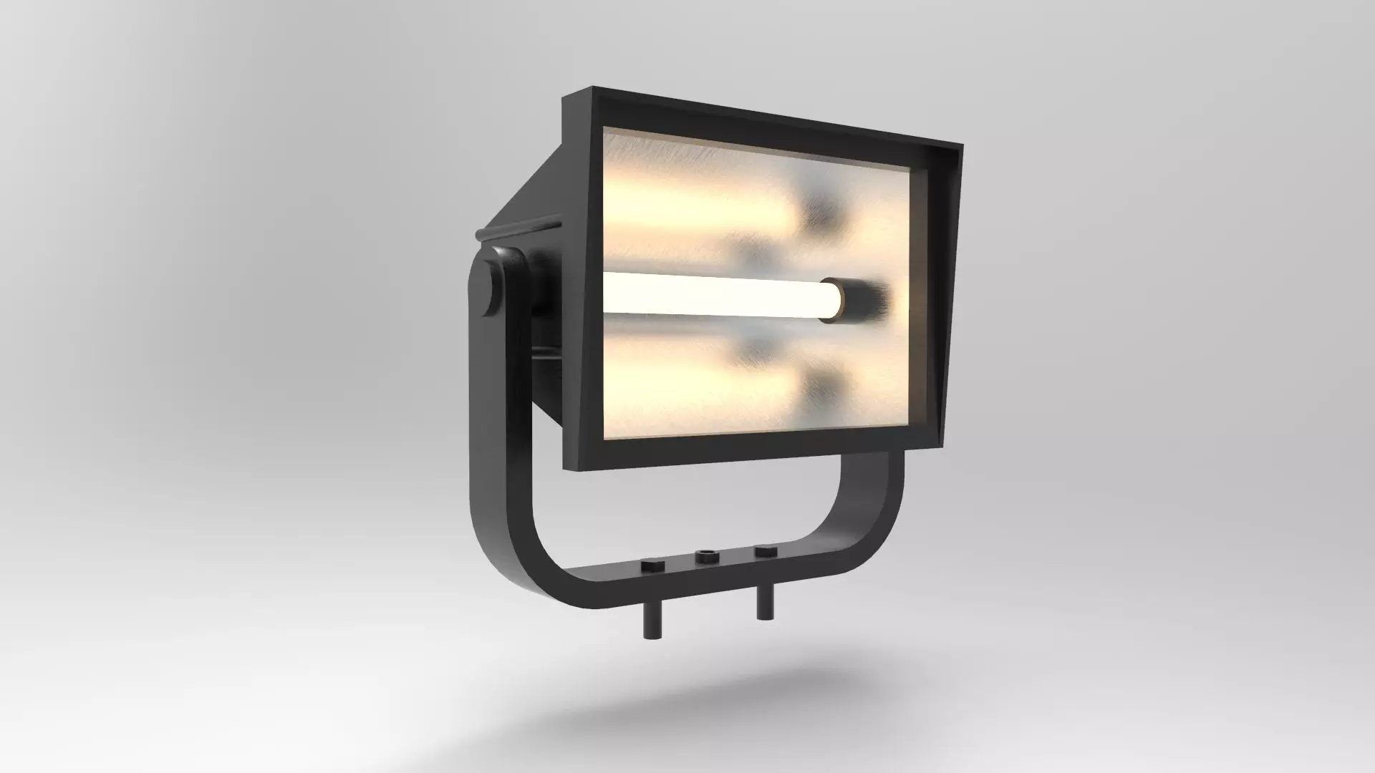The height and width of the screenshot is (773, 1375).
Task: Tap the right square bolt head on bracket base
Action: click(x=765, y=552)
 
